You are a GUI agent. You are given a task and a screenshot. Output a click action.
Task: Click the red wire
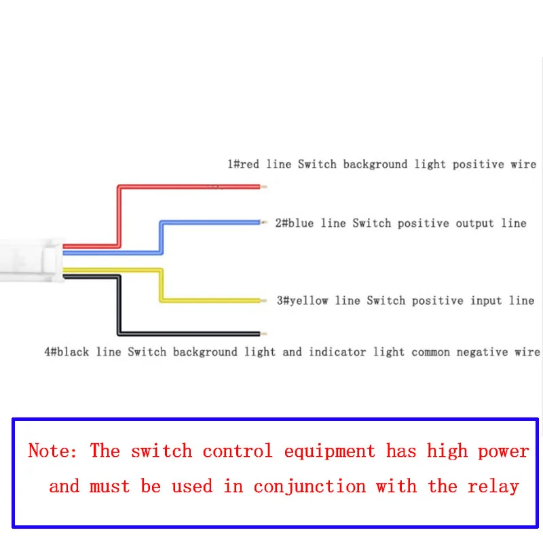[190, 187]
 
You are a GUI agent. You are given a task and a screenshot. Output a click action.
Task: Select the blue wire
[210, 223]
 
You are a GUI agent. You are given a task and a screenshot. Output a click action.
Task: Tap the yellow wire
[210, 299]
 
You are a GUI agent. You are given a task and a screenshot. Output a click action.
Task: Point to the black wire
[190, 333]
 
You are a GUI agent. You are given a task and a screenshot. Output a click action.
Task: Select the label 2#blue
[294, 223]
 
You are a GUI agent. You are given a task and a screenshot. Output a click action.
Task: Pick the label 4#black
[67, 352]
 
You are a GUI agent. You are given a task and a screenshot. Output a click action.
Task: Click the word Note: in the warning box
[53, 451]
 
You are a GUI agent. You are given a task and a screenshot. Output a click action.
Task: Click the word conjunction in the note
[310, 487]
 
